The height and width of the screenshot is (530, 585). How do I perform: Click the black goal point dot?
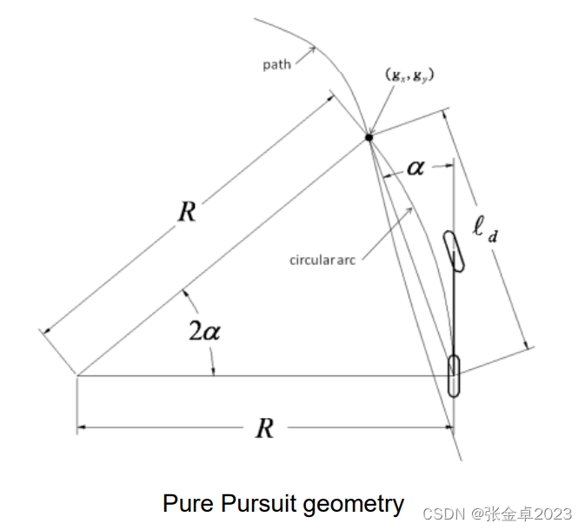369,136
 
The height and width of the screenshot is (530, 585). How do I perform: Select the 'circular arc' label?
323,258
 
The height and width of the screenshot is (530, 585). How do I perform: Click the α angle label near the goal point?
415,167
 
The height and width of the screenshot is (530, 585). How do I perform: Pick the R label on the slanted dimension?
186,212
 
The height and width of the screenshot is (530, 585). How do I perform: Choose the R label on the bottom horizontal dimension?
265,427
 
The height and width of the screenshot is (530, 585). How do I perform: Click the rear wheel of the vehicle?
454,375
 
